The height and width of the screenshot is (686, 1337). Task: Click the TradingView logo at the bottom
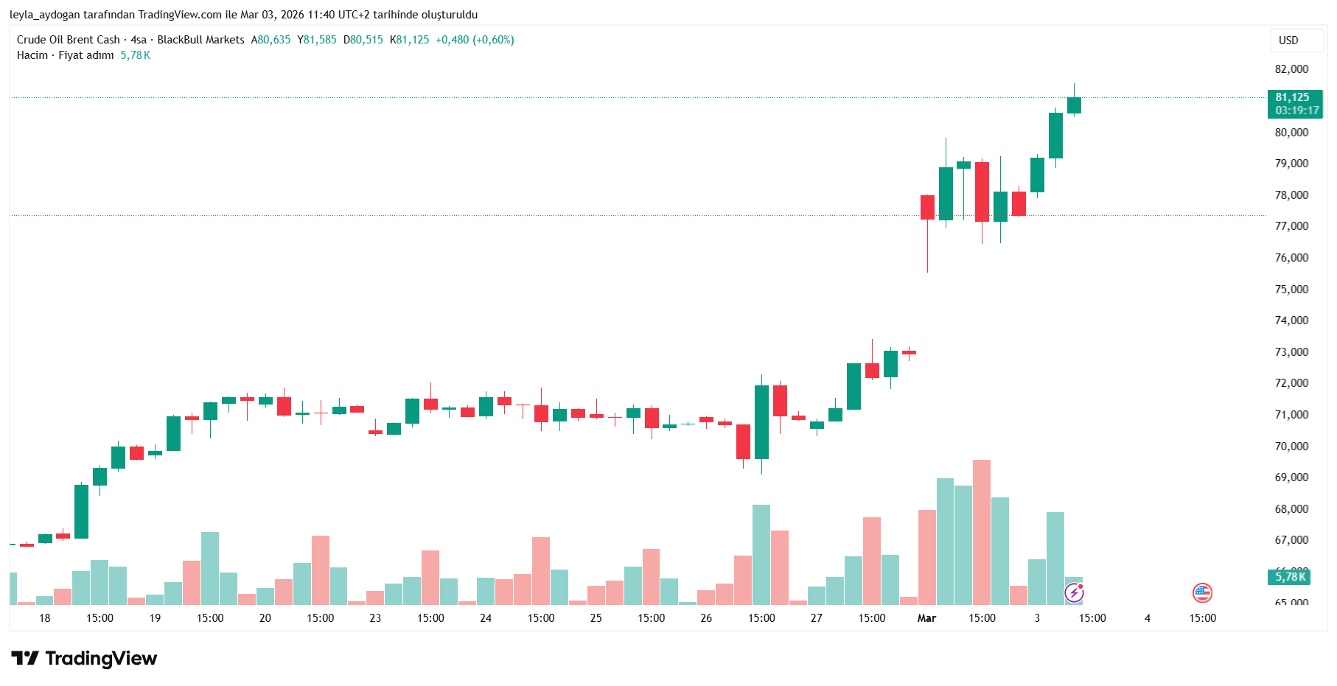84,658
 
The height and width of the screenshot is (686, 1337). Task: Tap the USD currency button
1288,41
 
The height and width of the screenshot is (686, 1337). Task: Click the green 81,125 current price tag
1294,104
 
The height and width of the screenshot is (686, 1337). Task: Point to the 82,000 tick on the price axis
1291,69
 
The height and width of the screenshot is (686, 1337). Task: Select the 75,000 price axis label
1291,290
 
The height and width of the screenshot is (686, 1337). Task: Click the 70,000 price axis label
1291,447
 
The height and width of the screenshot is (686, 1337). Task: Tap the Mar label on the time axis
926,618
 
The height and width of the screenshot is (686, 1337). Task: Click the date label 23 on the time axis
375,618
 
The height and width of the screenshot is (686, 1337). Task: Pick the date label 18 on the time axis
45,618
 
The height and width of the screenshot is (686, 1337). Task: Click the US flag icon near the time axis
1202,592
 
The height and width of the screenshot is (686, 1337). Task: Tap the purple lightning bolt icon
1074,592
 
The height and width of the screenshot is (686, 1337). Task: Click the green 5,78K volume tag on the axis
1291,577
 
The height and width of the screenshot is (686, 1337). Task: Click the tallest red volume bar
982,531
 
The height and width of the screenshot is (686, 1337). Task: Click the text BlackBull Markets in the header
200,40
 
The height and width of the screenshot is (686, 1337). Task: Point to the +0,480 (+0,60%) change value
475,40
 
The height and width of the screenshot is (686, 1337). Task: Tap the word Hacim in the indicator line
32,55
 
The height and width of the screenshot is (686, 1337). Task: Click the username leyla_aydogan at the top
44,15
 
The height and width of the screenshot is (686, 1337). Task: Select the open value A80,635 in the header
270,40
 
